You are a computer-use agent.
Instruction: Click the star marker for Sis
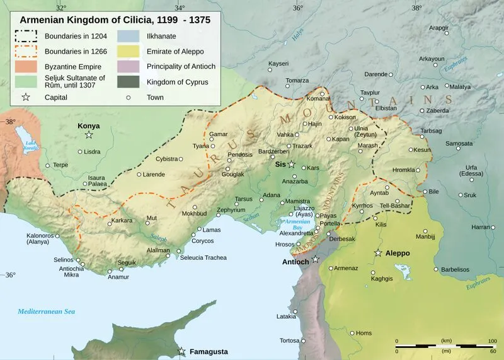pyautogui.click(x=292, y=164)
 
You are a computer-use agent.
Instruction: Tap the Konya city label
pyautogui.click(x=89, y=126)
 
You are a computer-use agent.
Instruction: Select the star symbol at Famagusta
pyautogui.click(x=182, y=351)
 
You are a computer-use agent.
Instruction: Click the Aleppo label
pyautogui.click(x=398, y=253)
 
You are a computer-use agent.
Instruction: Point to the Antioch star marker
pyautogui.click(x=315, y=259)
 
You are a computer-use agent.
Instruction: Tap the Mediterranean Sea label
pyautogui.click(x=47, y=311)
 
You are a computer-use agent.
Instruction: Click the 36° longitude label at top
pyautogui.click(x=297, y=8)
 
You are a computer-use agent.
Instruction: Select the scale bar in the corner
pyautogui.click(x=444, y=346)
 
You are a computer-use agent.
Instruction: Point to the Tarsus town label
pyautogui.click(x=243, y=199)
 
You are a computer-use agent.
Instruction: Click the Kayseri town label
pyautogui.click(x=278, y=64)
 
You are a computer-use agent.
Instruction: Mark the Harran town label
pyautogui.click(x=481, y=227)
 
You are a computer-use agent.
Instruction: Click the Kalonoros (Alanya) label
pyautogui.click(x=39, y=240)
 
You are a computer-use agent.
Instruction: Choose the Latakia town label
pyautogui.click(x=286, y=316)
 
